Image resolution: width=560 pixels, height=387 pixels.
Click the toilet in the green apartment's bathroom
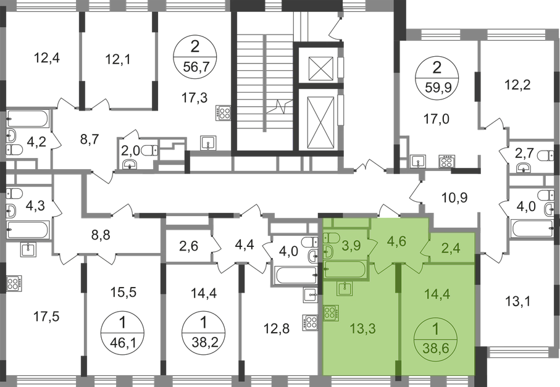coord(331,238)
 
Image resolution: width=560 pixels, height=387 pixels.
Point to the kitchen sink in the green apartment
coord(343,288)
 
